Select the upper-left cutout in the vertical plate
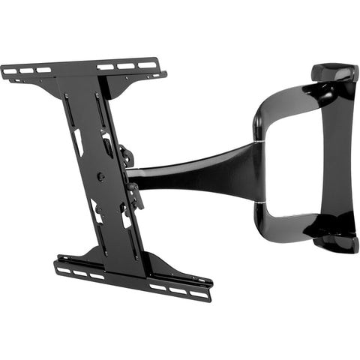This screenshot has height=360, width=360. [77, 142]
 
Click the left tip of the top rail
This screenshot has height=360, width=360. [4, 72]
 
